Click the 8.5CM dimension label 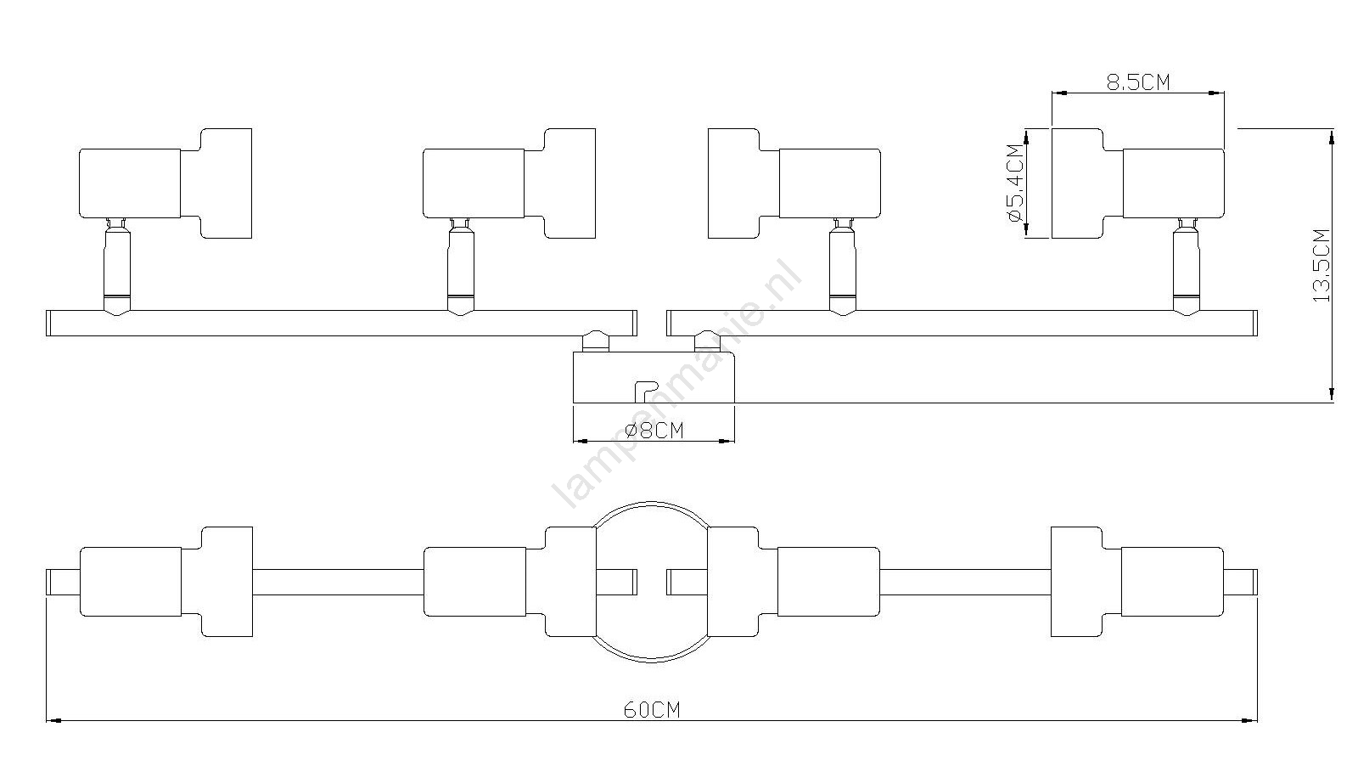(x=1138, y=82)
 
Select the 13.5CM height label (x=1322, y=265)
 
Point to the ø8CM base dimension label (x=654, y=431)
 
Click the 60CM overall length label (x=653, y=710)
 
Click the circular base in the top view (x=652, y=503)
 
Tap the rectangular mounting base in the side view (x=654, y=377)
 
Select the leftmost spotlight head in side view (x=166, y=183)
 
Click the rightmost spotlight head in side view (x=1138, y=183)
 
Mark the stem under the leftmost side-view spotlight (x=117, y=267)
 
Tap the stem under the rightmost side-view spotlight (x=1186, y=267)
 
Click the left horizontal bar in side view (x=341, y=323)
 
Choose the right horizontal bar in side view (x=962, y=323)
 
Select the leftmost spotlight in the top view (x=166, y=582)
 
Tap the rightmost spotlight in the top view (x=1137, y=582)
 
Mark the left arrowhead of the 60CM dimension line (x=54, y=721)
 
